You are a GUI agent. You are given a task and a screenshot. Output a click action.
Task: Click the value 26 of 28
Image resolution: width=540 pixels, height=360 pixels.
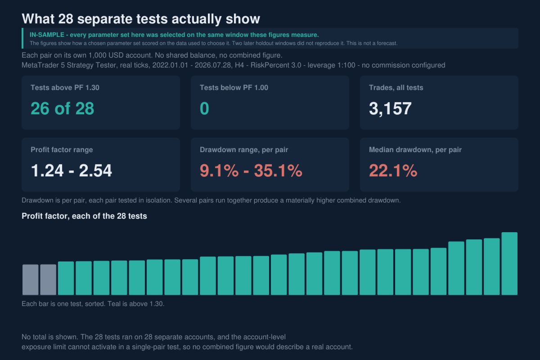[x=62, y=108]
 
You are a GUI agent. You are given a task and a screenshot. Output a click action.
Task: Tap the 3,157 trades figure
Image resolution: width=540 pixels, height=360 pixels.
[x=390, y=108]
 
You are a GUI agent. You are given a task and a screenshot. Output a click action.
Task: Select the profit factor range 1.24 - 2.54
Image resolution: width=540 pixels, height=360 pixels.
[x=72, y=171]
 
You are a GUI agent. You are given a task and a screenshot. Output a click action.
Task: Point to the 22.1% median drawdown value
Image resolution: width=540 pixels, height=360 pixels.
[x=393, y=171]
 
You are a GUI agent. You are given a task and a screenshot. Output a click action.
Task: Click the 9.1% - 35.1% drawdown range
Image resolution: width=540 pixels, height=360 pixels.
[x=251, y=171]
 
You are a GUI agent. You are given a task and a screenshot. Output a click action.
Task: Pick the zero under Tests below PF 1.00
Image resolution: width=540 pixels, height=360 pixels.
[x=204, y=108]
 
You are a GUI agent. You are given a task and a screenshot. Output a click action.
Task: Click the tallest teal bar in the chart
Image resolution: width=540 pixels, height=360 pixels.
[x=509, y=264]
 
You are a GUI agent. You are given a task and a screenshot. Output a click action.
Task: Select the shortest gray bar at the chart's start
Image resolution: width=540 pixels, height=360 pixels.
[x=31, y=280]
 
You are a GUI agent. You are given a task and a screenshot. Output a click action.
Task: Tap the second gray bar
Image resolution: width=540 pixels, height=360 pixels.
[x=48, y=280]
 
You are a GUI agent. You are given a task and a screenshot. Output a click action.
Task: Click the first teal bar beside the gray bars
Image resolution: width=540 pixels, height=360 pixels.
[x=66, y=278]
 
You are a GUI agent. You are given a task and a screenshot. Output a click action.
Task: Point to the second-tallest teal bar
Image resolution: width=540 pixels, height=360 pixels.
[x=492, y=266]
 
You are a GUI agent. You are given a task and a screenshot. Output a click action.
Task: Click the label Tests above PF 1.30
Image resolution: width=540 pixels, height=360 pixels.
[x=65, y=88]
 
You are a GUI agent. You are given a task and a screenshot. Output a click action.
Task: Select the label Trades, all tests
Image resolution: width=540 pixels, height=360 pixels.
[x=396, y=88]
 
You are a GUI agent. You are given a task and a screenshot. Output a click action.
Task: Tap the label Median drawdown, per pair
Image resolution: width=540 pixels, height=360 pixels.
[x=415, y=150]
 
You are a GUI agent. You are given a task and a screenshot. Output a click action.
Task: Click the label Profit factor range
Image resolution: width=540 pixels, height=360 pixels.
[x=62, y=150]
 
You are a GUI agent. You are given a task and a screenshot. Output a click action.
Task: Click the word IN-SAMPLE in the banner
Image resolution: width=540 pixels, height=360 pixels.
[x=47, y=35]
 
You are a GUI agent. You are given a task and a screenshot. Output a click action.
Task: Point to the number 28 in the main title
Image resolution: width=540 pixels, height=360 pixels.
[x=66, y=19]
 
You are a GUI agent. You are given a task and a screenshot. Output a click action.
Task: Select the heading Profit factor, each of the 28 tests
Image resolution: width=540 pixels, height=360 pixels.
[x=84, y=216]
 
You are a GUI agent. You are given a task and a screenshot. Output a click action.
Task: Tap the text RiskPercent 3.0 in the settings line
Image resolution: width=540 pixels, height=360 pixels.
[x=276, y=65]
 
